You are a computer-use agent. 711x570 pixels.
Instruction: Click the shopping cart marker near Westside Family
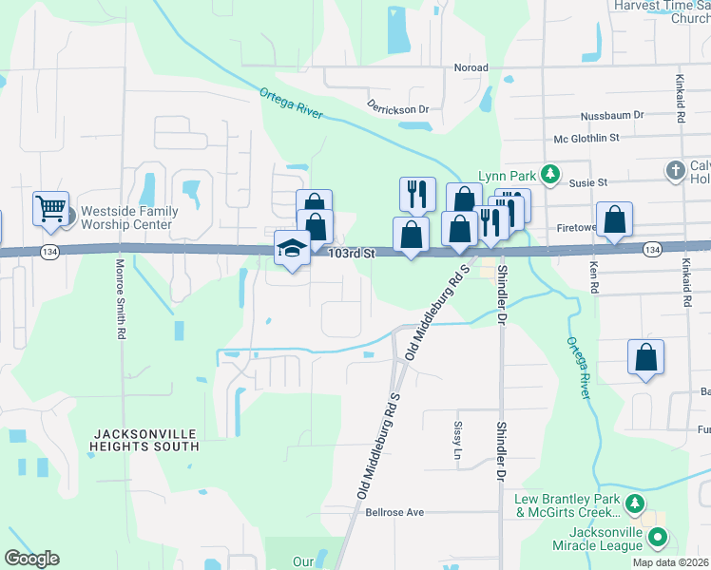(51, 208)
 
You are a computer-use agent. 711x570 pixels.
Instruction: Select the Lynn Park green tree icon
(548, 173)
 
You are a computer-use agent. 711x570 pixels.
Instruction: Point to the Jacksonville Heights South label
(145, 439)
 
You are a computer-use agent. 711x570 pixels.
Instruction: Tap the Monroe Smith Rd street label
(121, 301)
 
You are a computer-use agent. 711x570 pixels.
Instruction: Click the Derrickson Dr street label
(397, 109)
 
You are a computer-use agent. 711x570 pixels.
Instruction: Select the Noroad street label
(471, 67)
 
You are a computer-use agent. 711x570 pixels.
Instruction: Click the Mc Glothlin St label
(587, 138)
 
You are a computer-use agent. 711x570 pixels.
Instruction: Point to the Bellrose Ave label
(394, 512)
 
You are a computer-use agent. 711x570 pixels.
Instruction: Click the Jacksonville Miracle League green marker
(657, 539)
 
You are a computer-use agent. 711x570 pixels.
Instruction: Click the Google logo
(32, 559)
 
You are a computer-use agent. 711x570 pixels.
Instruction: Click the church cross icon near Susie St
(675, 171)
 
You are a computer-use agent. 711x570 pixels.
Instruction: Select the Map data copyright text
(669, 562)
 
